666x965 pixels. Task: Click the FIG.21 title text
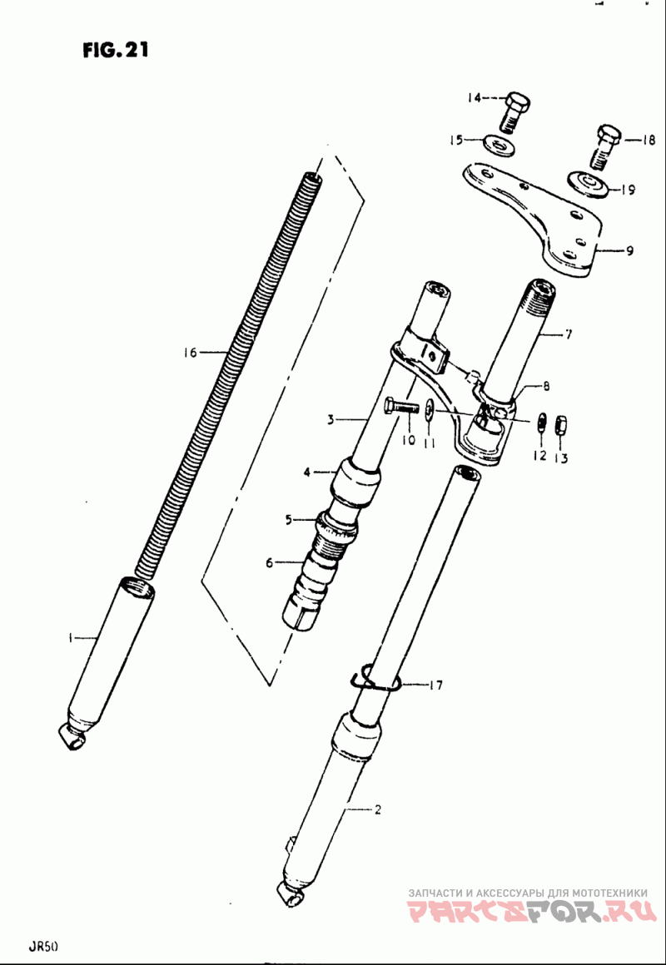coord(116,51)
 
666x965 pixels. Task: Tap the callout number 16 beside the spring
coord(189,353)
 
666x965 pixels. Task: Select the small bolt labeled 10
coord(401,408)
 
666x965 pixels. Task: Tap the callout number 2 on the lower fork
coord(377,809)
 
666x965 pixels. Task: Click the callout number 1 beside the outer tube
coord(72,638)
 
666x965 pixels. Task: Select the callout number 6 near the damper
coord(269,563)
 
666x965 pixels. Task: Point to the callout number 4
coord(306,473)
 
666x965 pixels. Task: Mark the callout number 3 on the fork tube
coord(330,420)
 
